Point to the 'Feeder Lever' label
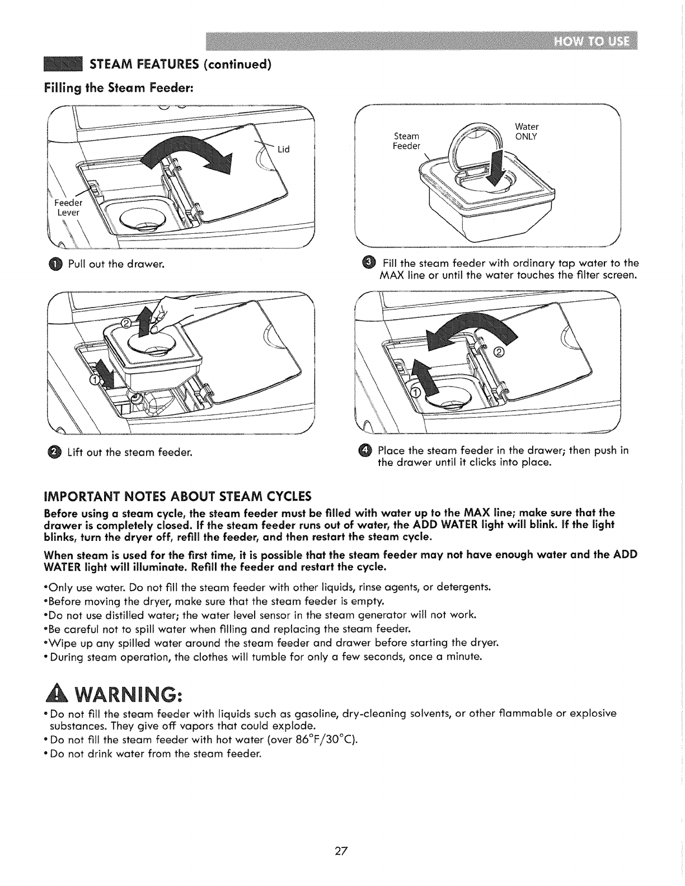(68, 208)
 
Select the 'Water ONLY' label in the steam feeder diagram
(526, 131)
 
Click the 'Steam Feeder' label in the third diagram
(407, 141)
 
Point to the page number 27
(342, 852)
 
